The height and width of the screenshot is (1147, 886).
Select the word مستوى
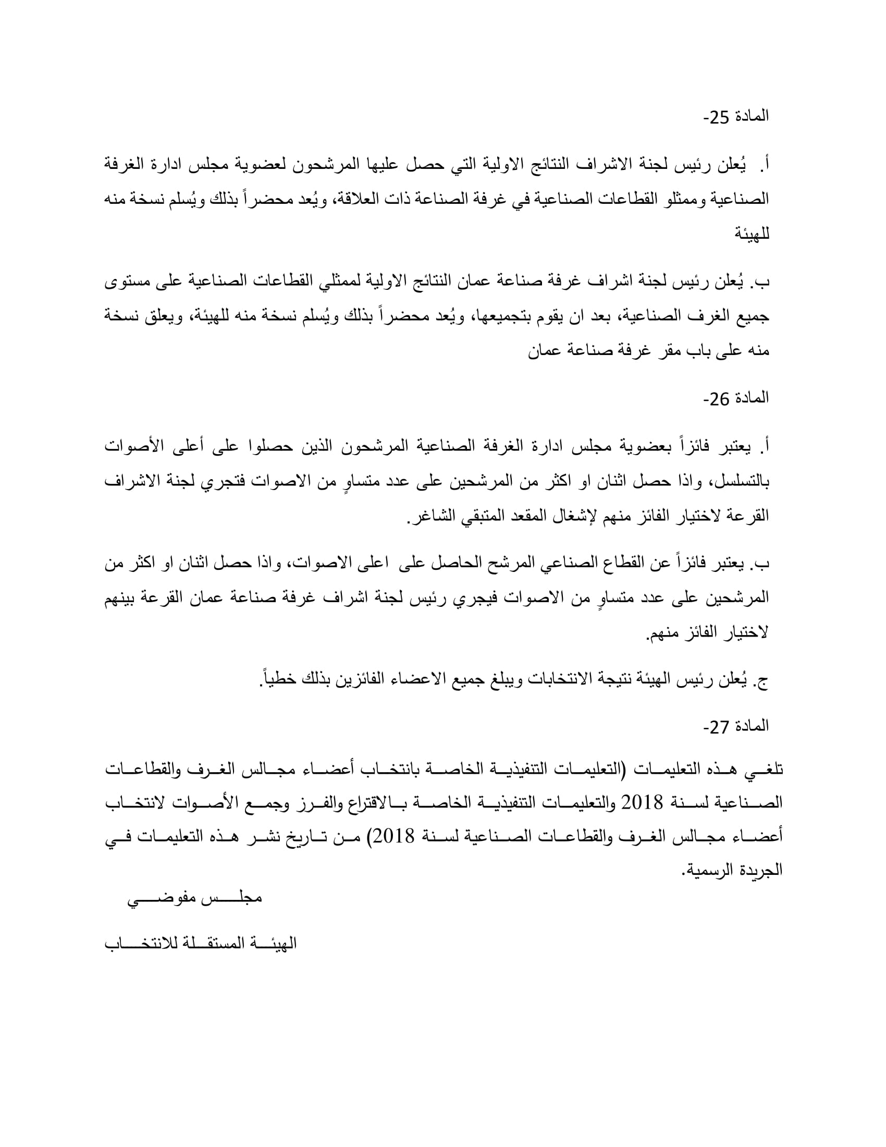tap(127, 283)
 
